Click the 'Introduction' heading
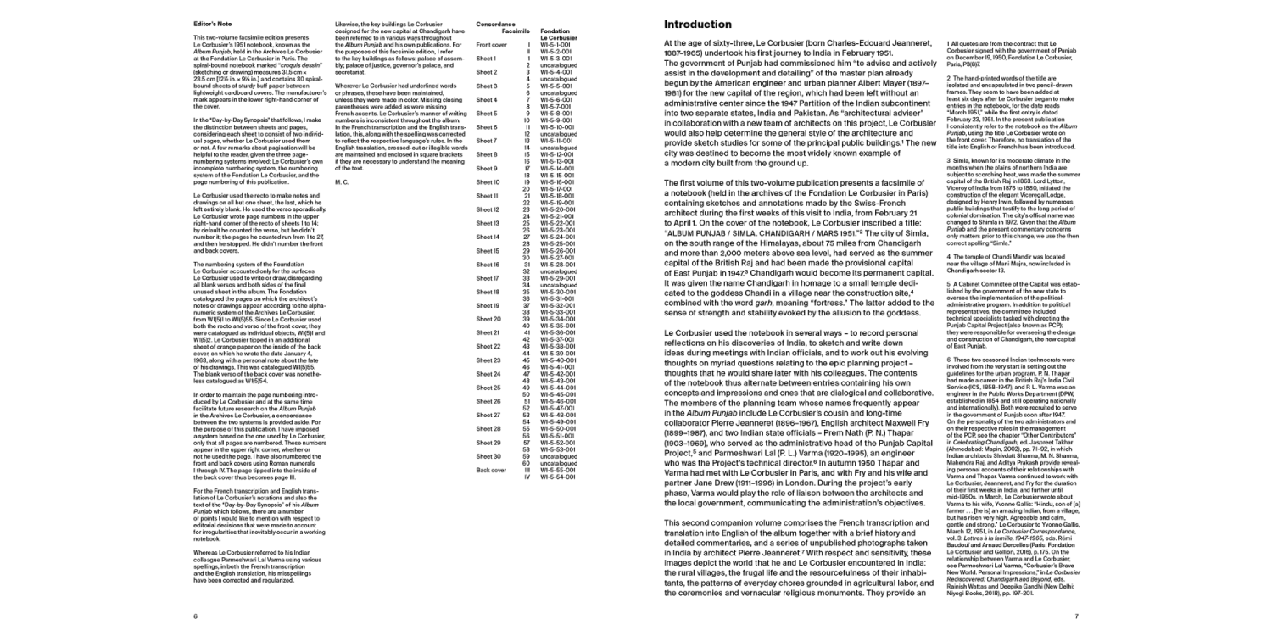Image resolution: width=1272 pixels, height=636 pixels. pos(697,24)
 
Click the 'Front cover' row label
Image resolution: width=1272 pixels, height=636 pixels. pos(491,44)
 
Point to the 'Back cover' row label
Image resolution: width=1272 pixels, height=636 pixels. pos(491,470)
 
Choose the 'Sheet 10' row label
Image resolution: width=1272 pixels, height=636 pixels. pos(488,181)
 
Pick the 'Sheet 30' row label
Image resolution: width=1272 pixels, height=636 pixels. pos(488,456)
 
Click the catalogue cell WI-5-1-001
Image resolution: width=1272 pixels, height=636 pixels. pos(557,44)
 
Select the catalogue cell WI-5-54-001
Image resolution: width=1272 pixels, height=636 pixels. pos(557,477)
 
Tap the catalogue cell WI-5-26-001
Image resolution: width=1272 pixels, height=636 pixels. pos(557,250)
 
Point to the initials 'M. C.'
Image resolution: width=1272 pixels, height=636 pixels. pos(342,181)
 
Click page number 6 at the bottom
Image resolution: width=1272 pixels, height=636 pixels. pos(195,616)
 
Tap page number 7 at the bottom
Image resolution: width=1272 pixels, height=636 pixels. pos(1076,616)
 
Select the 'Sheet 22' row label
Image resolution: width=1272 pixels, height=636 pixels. pos(488,346)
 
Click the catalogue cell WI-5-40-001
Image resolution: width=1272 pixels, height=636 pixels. pos(557,360)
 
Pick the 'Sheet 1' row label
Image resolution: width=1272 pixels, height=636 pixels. pos(487,58)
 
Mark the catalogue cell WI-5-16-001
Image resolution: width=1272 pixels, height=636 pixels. pos(557,181)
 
